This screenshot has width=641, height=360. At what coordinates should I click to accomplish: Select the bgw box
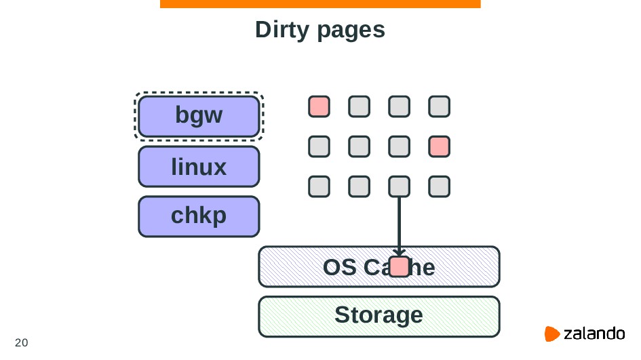199,116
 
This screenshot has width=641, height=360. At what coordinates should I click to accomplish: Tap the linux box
199,166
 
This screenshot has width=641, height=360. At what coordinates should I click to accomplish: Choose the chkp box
199,216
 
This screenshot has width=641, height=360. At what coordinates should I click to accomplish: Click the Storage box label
378,315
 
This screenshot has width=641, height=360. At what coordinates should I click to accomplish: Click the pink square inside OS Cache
400,267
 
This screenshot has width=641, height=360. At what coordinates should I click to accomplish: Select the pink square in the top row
319,106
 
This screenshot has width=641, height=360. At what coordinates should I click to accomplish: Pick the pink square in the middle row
440,146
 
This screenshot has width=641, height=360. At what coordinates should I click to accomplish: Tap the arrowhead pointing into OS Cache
399,252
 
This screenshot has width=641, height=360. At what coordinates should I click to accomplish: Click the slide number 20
22,342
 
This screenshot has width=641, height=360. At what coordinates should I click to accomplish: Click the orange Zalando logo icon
552,334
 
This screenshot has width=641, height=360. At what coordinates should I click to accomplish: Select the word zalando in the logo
594,334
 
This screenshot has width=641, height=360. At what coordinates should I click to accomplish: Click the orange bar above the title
320,4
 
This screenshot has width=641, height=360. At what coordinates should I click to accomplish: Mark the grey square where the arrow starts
400,186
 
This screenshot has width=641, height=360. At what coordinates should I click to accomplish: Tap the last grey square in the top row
440,106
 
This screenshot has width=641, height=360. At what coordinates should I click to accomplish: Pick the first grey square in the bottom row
319,186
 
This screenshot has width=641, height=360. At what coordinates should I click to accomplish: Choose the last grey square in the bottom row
440,186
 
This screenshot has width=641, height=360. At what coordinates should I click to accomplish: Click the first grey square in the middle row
319,146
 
